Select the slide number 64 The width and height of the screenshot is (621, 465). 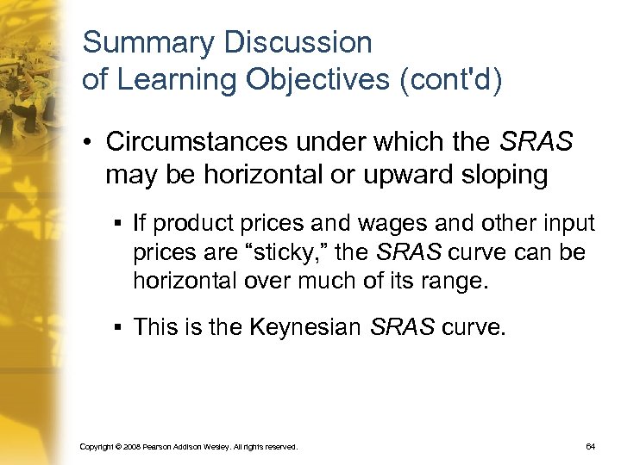[590, 447]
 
